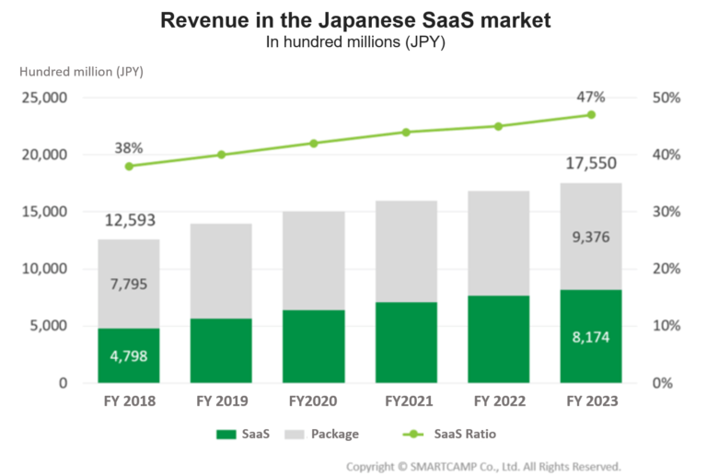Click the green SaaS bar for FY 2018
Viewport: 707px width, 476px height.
[129, 354]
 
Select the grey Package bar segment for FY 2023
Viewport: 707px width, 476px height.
[590, 237]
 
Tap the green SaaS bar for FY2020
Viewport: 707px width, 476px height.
[313, 346]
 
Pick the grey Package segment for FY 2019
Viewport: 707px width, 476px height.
[221, 271]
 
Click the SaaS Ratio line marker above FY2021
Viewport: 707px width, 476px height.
[406, 132]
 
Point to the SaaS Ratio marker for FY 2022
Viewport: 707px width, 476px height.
[498, 126]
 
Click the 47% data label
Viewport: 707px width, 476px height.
[591, 96]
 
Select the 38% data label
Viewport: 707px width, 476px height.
[129, 147]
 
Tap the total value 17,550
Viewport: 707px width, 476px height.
[590, 164]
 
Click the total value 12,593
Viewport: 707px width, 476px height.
[129, 220]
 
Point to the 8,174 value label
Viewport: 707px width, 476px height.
[590, 337]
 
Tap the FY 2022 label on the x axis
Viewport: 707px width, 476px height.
[498, 401]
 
